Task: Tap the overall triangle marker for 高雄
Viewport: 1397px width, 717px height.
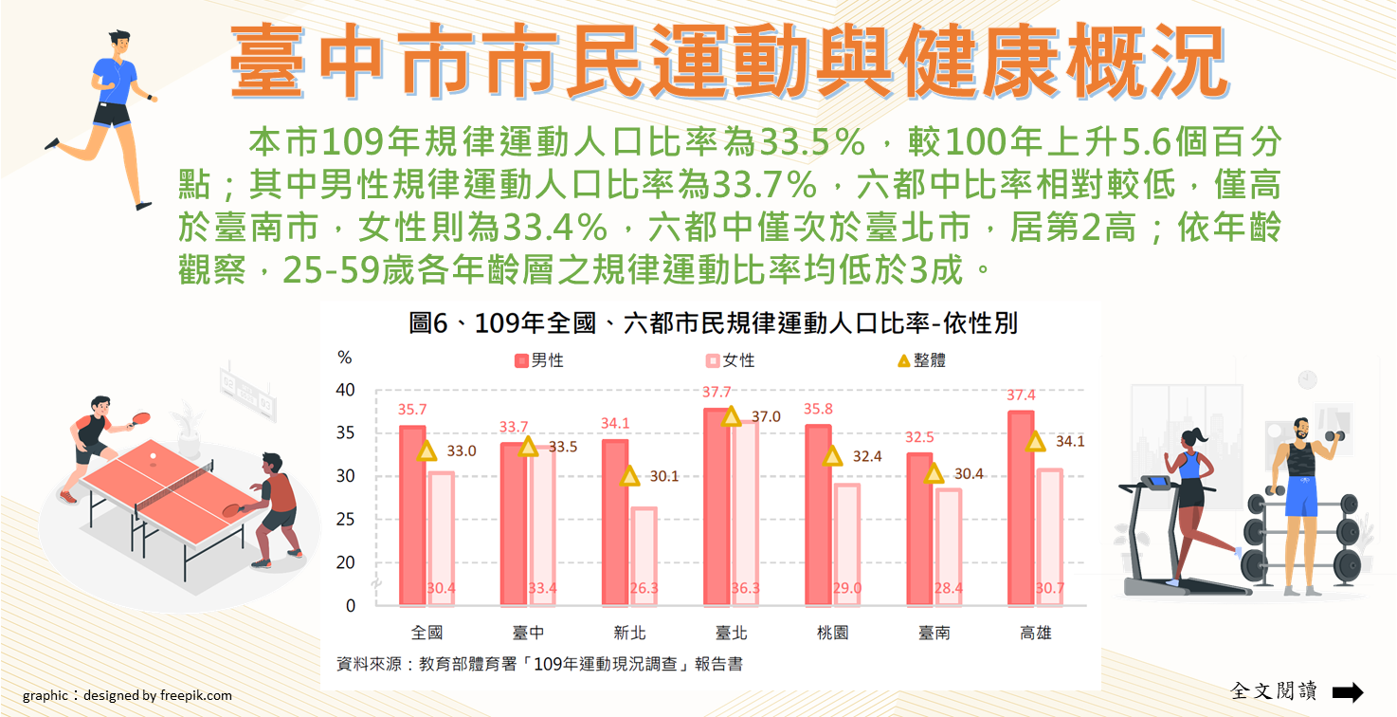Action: click(x=1035, y=441)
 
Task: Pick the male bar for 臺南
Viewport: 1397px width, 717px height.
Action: click(x=919, y=529)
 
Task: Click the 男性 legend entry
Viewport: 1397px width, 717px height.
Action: click(x=539, y=360)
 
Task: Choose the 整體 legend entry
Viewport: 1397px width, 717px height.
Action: click(x=921, y=360)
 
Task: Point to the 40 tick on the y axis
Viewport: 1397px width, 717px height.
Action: click(x=346, y=390)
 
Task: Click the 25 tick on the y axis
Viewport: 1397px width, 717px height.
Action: click(x=346, y=519)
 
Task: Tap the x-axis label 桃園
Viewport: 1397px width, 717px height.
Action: click(x=833, y=633)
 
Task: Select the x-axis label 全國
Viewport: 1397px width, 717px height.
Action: click(x=426, y=633)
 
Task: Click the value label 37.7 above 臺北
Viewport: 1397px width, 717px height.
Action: click(x=717, y=393)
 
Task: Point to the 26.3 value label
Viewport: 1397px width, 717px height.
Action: click(x=644, y=588)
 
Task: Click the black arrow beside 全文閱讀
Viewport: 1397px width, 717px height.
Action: click(x=1347, y=691)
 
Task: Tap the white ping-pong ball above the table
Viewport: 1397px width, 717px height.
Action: click(x=154, y=456)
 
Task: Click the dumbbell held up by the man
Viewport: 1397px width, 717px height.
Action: click(x=1334, y=437)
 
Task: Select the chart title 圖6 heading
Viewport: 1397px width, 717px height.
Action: click(x=713, y=323)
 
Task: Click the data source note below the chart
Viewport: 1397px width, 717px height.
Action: click(x=539, y=664)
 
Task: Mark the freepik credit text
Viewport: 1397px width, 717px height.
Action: click(x=127, y=695)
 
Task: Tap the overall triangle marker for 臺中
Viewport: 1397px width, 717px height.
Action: click(x=529, y=446)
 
